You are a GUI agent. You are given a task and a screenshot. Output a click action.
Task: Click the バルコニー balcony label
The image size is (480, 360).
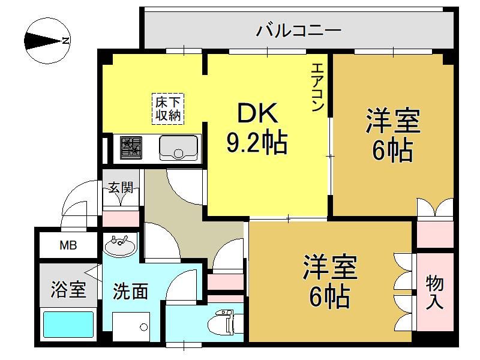[x=299, y=31]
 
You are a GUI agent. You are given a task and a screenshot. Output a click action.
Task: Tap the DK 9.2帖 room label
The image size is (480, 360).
[x=257, y=128]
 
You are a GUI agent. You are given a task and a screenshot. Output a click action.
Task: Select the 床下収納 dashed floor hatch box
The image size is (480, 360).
[x=168, y=109]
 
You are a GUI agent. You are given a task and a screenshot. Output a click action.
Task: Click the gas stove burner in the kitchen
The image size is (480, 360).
[x=131, y=148]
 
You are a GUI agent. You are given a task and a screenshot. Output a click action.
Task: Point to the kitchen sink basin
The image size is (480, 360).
[x=178, y=148]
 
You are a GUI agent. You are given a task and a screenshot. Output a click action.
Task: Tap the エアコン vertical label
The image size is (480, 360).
[x=317, y=87]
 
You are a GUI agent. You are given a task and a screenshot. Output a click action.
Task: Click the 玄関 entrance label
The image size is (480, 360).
[x=121, y=188]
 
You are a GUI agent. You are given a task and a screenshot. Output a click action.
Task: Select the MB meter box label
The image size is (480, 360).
[x=68, y=245]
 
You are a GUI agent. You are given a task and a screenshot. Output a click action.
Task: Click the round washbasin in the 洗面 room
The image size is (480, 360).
[x=121, y=245]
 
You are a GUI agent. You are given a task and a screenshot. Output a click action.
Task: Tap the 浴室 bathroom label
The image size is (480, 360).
[x=68, y=289]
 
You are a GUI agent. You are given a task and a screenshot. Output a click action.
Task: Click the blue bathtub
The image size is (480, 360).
[x=68, y=325]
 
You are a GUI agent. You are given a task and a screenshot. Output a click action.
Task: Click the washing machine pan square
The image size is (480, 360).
[x=131, y=326]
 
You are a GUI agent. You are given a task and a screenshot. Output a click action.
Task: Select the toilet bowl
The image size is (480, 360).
[x=220, y=322]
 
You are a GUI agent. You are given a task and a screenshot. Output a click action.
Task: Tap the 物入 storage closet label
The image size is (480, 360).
[x=434, y=292]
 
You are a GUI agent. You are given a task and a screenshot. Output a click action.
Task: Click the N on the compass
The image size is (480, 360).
[x=65, y=40]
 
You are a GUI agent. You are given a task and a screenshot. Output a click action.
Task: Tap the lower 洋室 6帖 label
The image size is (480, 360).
[x=330, y=281]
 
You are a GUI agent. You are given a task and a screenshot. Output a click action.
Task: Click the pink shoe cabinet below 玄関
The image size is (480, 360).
[x=121, y=218]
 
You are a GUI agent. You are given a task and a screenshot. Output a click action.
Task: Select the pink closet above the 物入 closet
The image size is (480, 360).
[x=435, y=235]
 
